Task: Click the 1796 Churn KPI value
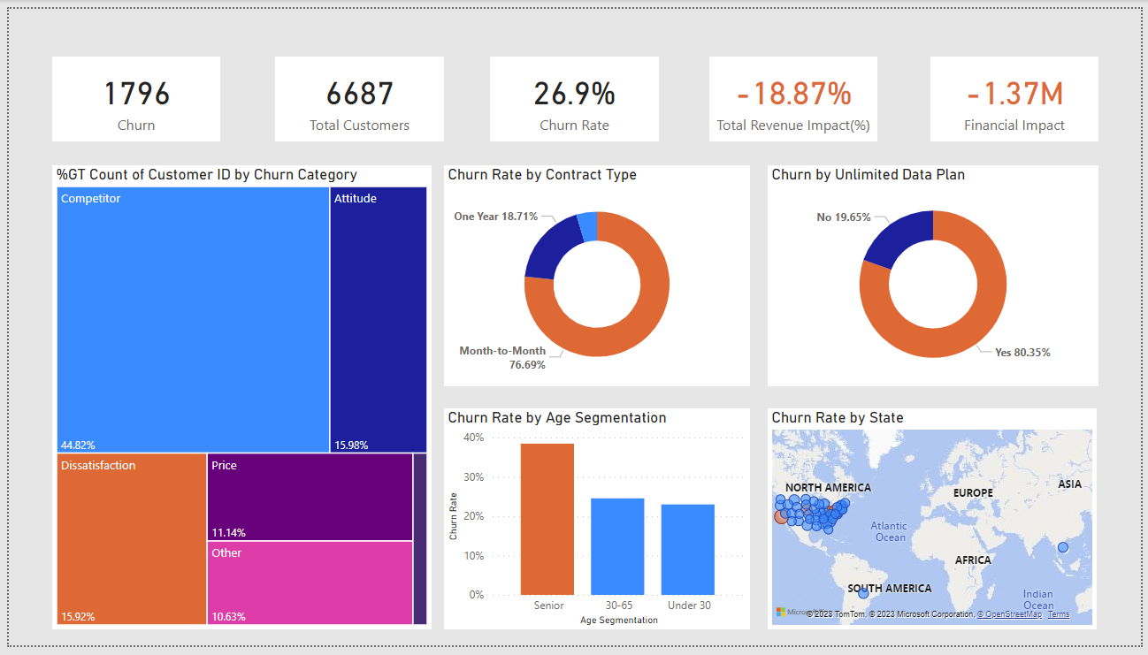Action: [x=136, y=94]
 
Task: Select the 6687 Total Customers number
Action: [x=359, y=94]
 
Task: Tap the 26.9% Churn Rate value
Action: [x=574, y=94]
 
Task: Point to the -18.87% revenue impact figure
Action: [x=793, y=94]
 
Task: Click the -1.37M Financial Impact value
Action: [x=1014, y=94]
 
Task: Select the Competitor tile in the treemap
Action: [x=193, y=319]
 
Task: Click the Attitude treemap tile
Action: [x=379, y=319]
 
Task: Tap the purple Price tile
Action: [x=310, y=497]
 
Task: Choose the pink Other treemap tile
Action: [x=310, y=583]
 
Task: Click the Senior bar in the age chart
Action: [x=547, y=519]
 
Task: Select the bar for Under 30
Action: [x=687, y=549]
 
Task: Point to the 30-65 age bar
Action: [x=617, y=546]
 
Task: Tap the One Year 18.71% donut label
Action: [x=496, y=217]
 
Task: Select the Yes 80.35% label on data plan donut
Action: [x=1022, y=353]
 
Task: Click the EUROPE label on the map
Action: [x=973, y=492]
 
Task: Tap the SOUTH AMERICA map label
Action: [x=889, y=589]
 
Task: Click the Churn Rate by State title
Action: [x=837, y=417]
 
